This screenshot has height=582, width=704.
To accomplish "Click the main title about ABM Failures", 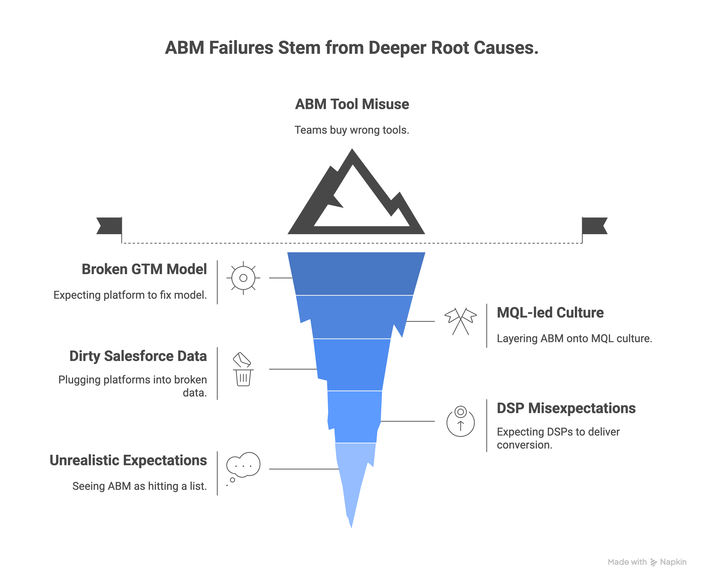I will [x=352, y=48].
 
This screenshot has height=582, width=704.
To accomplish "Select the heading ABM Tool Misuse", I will [x=352, y=104].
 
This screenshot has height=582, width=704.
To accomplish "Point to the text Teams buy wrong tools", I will [x=352, y=130].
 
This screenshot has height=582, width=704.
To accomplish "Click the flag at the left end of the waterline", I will [x=110, y=226].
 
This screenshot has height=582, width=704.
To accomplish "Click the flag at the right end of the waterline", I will [x=594, y=226].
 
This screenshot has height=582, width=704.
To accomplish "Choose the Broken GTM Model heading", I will [x=144, y=269].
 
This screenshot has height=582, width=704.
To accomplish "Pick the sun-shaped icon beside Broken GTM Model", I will [x=243, y=278].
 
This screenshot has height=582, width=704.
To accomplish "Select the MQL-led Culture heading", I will [x=550, y=313].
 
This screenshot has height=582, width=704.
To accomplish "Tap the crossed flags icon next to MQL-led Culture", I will [x=461, y=321].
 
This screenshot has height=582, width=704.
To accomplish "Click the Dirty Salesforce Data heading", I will [x=138, y=356].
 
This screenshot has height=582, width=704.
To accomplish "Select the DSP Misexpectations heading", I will [x=566, y=408].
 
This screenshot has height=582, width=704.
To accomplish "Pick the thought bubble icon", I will [x=243, y=465].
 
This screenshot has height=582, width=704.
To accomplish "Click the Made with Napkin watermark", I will [x=647, y=562].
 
